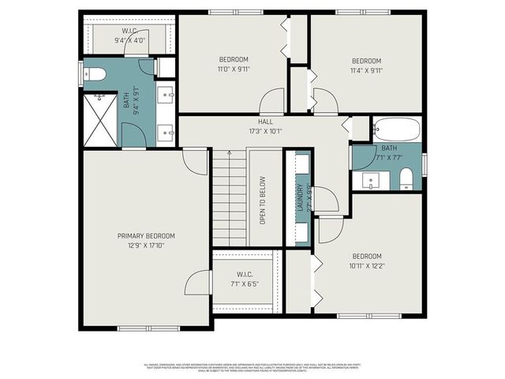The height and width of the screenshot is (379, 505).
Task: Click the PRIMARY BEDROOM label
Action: coord(146,236)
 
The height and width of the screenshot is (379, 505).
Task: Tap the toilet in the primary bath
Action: coord(95,76)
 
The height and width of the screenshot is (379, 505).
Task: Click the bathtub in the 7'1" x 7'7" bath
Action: coord(397,129)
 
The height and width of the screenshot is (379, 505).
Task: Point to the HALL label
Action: coord(265,122)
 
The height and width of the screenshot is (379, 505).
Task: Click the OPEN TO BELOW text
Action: coord(264,201)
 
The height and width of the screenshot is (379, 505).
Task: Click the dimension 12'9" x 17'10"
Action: coord(146,246)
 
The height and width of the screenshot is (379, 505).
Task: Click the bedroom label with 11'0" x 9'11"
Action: coord(234,60)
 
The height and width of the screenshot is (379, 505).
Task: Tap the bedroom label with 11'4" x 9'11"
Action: coord(366,61)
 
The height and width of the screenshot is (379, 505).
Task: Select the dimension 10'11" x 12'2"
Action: coord(366,265)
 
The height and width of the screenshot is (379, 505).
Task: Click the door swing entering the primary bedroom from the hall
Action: coord(194,160)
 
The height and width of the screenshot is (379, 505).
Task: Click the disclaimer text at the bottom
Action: coord(252,368)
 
